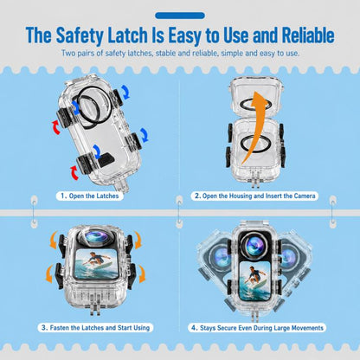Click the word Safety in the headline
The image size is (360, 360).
pos(80,35)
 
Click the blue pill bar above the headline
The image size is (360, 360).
pos(180,16)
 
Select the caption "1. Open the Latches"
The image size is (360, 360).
pos(90,196)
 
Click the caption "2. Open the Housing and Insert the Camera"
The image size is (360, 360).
pos(254,196)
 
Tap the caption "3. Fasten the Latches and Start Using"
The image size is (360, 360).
pos(95,328)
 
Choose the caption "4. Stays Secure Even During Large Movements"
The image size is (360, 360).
pos(257,328)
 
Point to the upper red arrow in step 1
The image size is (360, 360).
pos(56,127)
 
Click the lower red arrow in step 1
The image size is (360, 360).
pos(74,172)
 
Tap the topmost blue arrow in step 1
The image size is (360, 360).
pos(125,91)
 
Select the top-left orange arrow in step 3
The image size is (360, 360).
pos(54,240)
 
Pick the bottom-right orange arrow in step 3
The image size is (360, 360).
pos(142,274)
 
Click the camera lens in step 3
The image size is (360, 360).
pos(97,237)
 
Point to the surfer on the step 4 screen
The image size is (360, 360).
pos(254,276)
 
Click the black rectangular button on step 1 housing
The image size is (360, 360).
pos(106,159)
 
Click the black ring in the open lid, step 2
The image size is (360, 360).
pos(255,104)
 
